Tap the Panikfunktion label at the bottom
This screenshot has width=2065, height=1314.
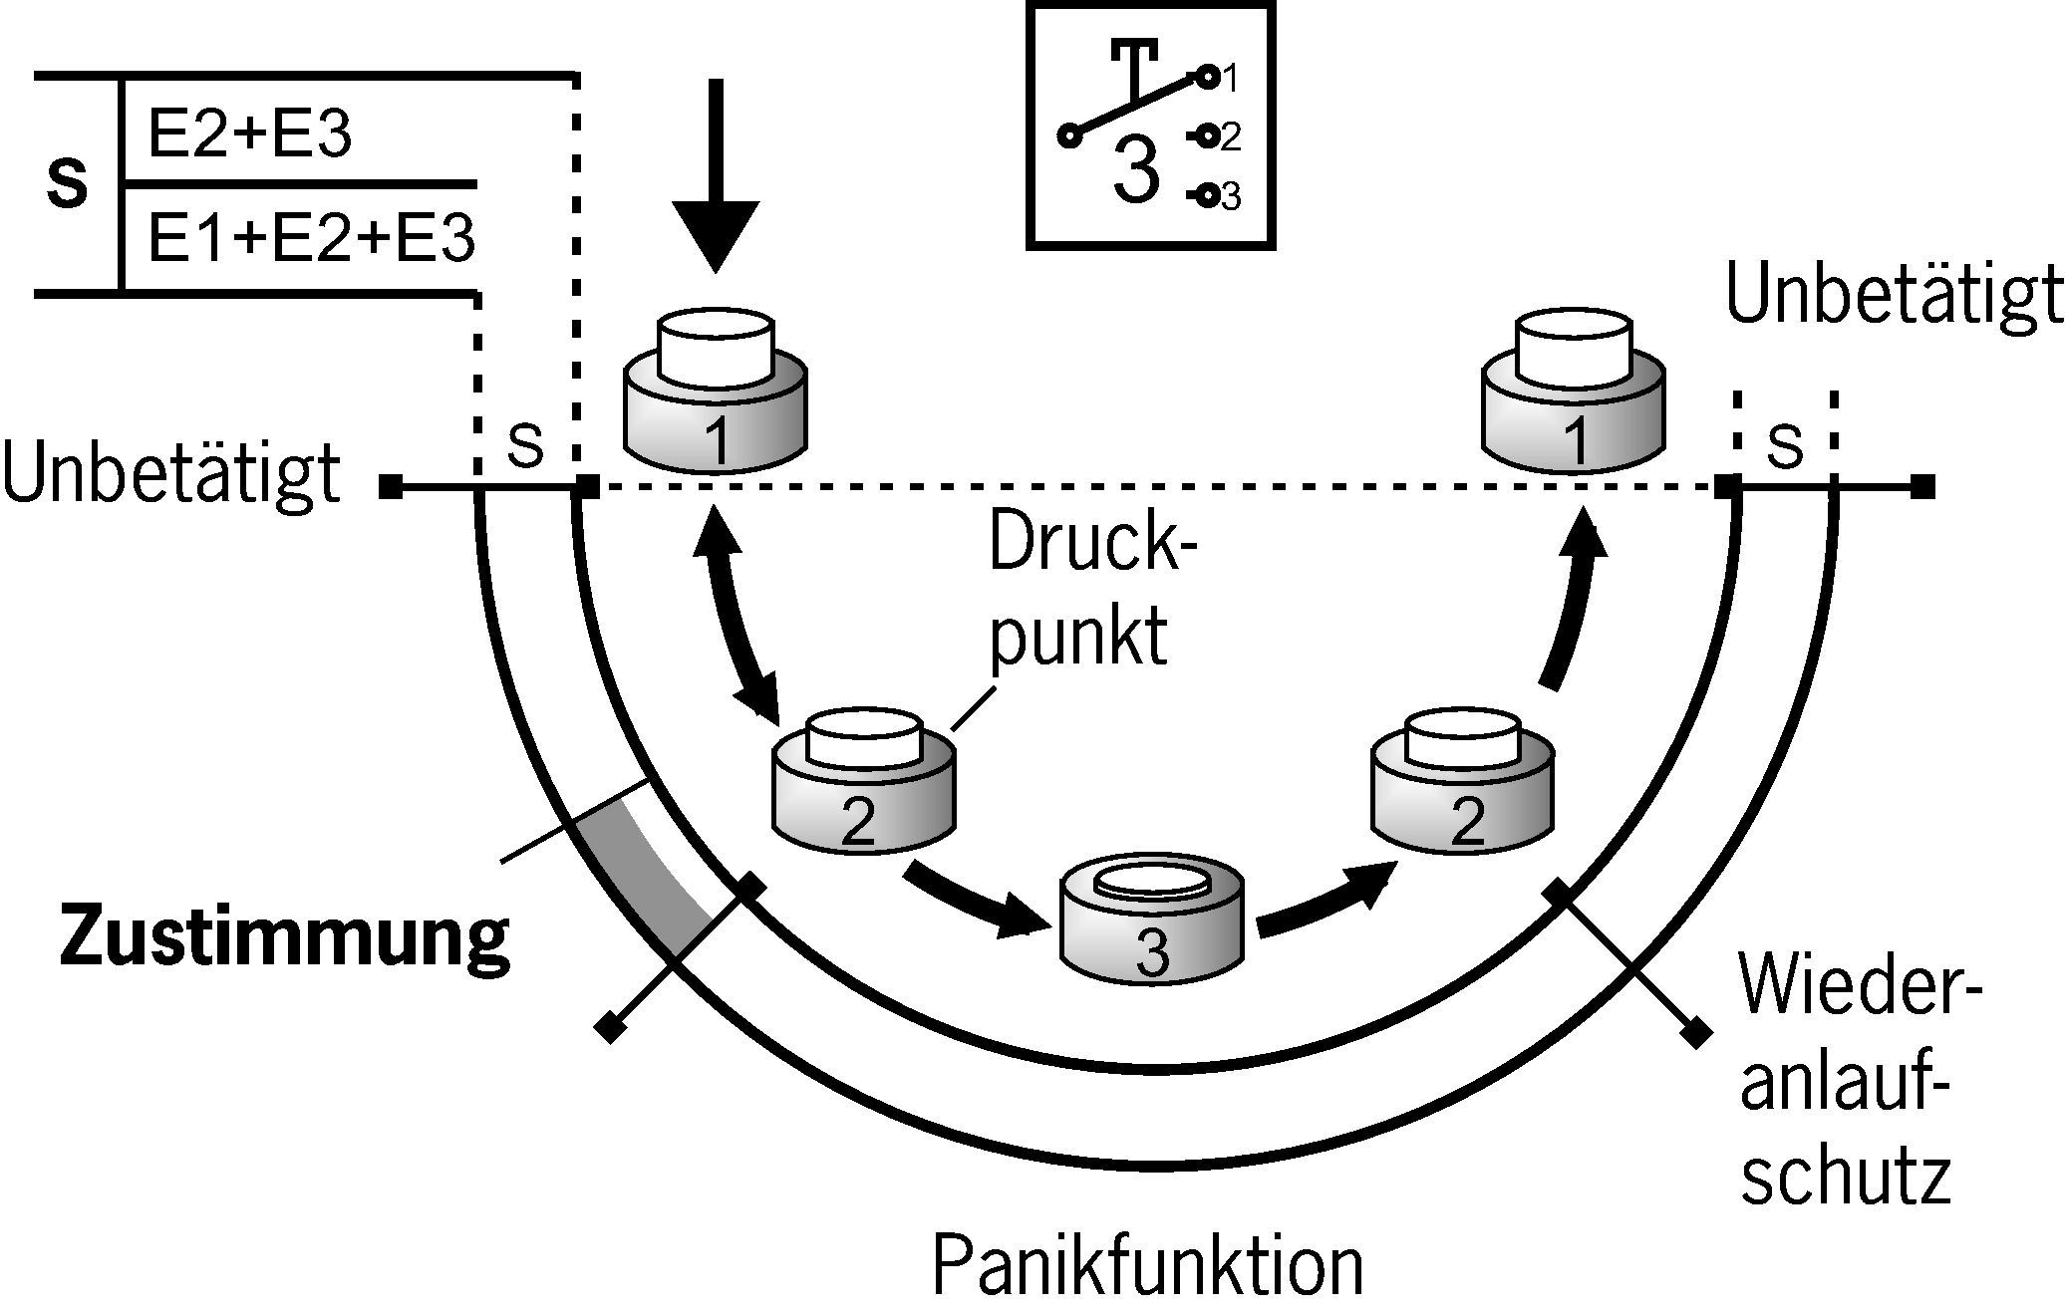click(1147, 1266)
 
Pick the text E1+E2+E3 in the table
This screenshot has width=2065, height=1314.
click(311, 240)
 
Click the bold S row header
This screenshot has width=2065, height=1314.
click(68, 185)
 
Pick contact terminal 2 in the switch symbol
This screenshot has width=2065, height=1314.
click(1207, 136)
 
